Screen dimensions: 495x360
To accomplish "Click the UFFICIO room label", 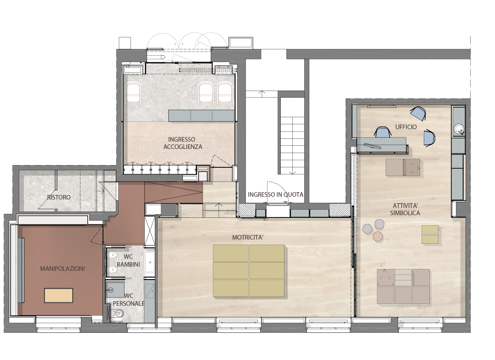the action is pyautogui.click(x=406, y=127).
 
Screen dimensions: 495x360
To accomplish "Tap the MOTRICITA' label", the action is pyautogui.click(x=248, y=238).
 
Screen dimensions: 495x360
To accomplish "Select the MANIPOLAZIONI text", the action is pyautogui.click(x=63, y=269).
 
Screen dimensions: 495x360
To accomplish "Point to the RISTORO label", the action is pyautogui.click(x=59, y=197).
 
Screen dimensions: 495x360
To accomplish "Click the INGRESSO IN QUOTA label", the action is pyautogui.click(x=276, y=194).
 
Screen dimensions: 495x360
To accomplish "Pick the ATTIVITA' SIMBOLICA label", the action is pyautogui.click(x=405, y=209).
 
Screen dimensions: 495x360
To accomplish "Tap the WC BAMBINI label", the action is pyautogui.click(x=128, y=261).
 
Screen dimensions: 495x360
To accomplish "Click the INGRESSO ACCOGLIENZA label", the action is pyautogui.click(x=183, y=143).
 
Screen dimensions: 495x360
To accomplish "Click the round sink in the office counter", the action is pyautogui.click(x=458, y=129).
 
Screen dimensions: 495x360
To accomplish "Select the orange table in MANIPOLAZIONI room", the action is pyautogui.click(x=59, y=295).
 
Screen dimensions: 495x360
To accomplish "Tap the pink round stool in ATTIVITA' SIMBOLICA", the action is pyautogui.click(x=378, y=236).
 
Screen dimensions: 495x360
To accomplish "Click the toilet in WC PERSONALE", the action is pyautogui.click(x=118, y=313).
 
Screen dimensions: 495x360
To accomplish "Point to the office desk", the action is pyautogui.click(x=381, y=145).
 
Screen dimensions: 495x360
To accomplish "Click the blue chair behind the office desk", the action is pyautogui.click(x=382, y=132).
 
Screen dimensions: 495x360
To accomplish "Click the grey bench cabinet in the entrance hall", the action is pyautogui.click(x=201, y=115).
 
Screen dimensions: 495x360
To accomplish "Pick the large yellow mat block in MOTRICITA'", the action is pyautogui.click(x=249, y=271).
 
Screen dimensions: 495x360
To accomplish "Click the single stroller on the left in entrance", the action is pyautogui.click(x=133, y=93).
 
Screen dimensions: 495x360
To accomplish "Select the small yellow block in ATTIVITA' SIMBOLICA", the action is pyautogui.click(x=430, y=234).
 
